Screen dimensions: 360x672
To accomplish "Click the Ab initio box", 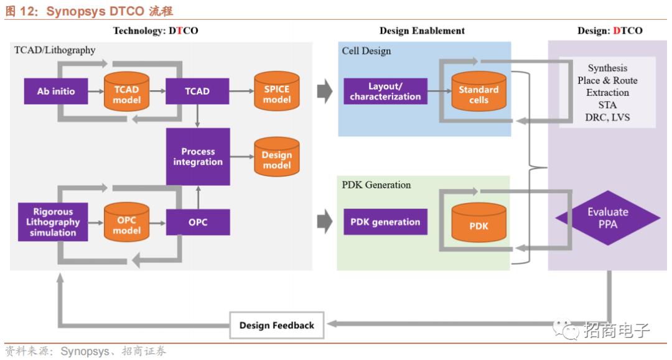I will click(x=55, y=91).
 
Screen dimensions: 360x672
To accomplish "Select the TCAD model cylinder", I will click(x=126, y=92).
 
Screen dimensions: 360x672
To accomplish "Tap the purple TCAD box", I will click(x=197, y=91).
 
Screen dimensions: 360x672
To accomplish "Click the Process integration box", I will click(x=198, y=157).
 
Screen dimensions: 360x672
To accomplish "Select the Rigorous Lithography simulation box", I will click(x=53, y=222).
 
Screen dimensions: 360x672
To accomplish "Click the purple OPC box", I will click(x=198, y=222).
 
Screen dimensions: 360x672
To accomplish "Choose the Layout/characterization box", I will click(x=385, y=91).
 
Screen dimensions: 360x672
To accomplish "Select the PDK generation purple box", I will click(x=385, y=222).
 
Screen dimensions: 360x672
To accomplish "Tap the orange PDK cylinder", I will click(x=478, y=223).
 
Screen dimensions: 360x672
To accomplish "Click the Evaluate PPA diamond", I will click(x=607, y=218).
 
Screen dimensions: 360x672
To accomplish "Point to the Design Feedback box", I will click(x=277, y=325).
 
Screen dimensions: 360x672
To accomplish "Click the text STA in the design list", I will click(x=607, y=105).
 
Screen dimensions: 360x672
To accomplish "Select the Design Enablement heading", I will click(x=422, y=30).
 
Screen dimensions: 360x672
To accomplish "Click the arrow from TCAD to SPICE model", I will click(x=241, y=91).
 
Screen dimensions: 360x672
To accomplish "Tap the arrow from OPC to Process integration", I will click(x=198, y=197).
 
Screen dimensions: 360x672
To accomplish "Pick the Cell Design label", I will click(x=366, y=51).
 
